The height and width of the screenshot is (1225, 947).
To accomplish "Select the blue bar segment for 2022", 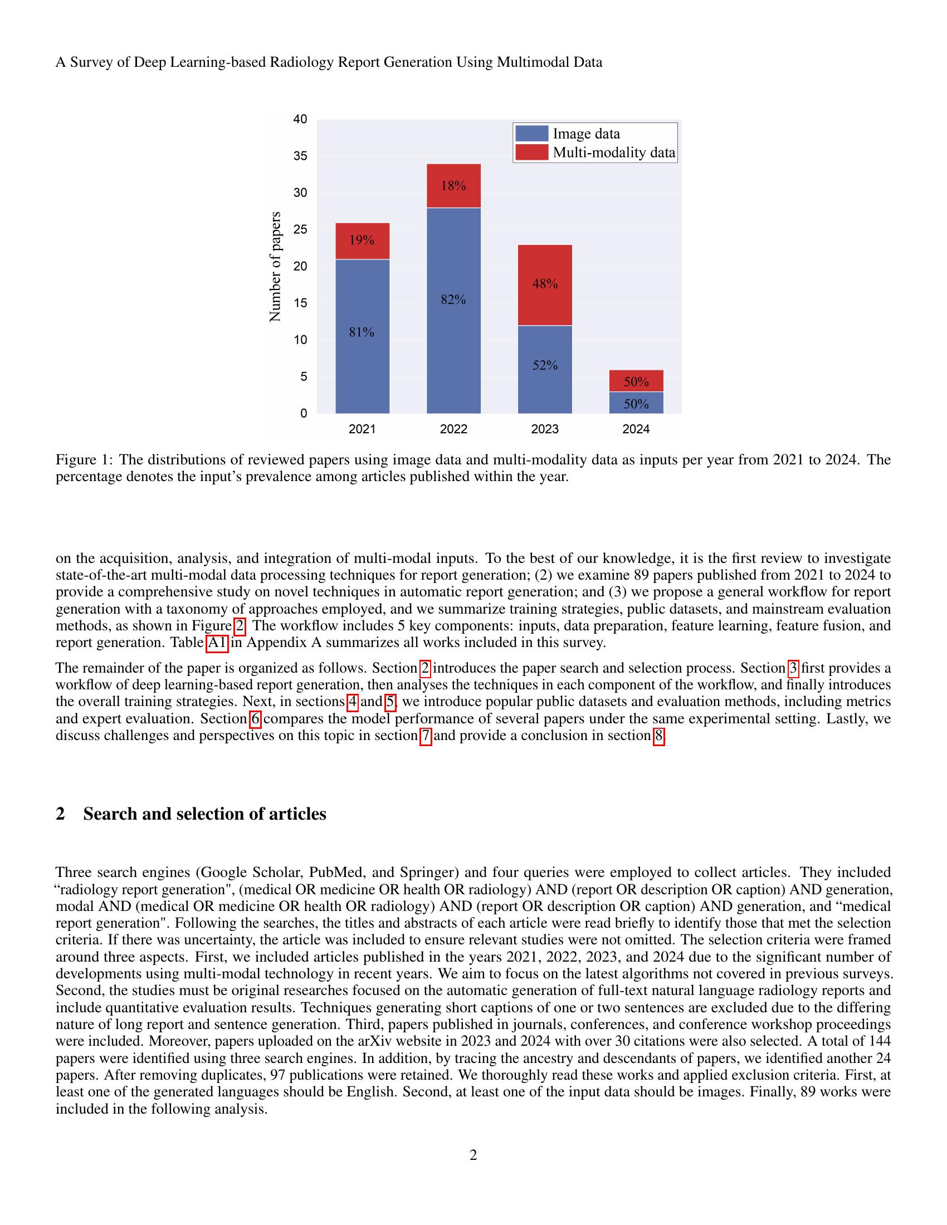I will point(453,336).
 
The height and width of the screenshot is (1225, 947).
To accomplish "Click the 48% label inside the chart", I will point(545,284).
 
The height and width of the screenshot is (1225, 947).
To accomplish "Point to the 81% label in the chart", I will point(362,332).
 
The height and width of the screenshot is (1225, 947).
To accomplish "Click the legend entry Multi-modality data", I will point(614,153).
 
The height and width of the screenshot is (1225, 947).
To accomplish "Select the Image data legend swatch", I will point(531,134).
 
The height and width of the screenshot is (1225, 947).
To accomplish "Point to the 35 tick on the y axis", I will point(300,156).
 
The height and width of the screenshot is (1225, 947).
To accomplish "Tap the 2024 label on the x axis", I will point(636,429).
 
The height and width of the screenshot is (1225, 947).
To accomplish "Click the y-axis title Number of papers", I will point(275,266).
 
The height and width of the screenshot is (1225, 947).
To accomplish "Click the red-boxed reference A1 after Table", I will point(217,643).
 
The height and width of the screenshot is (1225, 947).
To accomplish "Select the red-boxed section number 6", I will point(255,719).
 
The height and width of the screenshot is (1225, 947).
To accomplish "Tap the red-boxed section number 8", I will point(658,736).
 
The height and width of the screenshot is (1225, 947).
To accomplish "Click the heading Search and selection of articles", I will point(204,814).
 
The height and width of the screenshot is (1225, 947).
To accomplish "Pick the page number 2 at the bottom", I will point(473,1155).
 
